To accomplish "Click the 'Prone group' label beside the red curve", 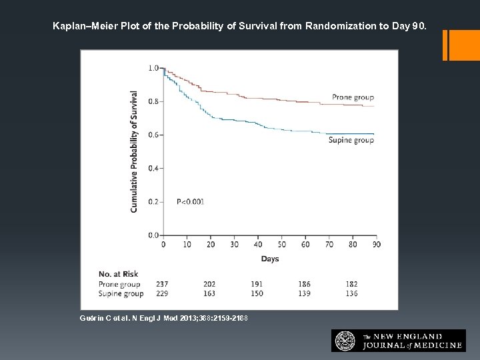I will pos(353,97).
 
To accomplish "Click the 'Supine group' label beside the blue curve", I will pos(351,140).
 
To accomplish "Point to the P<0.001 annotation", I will pos(190,201).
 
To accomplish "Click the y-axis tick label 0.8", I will pos(153,101).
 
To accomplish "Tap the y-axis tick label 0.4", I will pos(153,168).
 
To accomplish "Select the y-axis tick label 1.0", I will pos(153,68).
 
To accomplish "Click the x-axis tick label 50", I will pos(281,245).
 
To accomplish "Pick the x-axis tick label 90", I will pos(375,245).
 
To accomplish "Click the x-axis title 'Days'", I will pos(269,259).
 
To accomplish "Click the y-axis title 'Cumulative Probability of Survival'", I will pos(135,152).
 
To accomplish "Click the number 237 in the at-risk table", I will pos(161,285).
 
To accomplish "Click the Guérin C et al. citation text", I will pos(163,319).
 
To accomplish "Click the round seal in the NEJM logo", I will pos(345,341).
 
